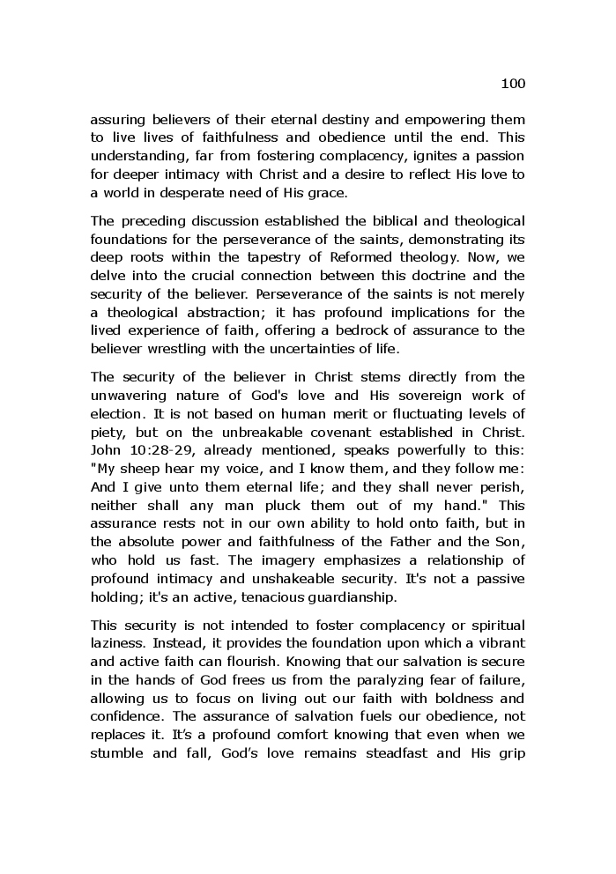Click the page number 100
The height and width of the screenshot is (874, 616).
512,84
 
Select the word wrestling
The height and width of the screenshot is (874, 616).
174,347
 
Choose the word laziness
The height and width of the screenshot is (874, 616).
115,643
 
